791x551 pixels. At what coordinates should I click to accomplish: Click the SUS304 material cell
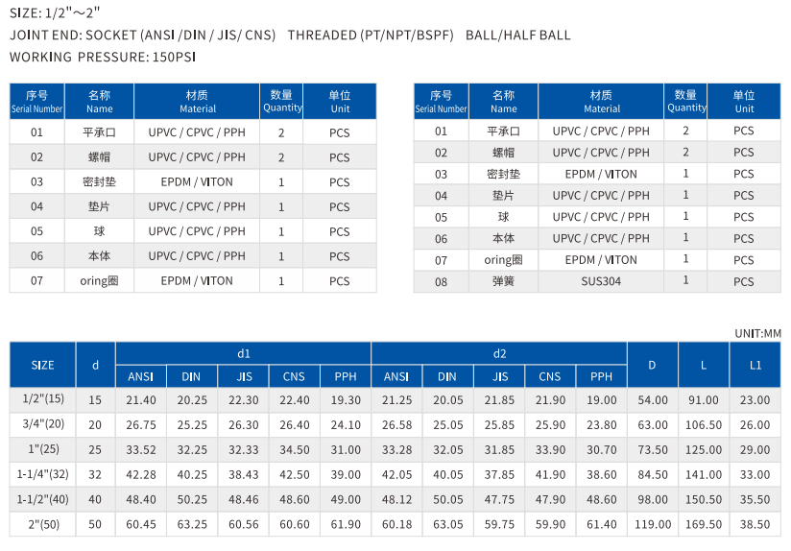[x=601, y=281]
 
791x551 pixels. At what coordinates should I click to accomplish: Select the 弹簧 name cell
[x=503, y=281]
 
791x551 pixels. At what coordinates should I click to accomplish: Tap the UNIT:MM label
[x=757, y=333]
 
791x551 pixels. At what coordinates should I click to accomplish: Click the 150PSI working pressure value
[x=175, y=57]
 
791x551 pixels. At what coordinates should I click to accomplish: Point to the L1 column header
[x=755, y=365]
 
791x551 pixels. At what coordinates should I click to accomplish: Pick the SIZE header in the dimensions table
[x=43, y=365]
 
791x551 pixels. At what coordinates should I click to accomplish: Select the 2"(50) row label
[x=43, y=525]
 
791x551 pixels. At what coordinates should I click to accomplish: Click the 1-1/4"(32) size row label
[x=43, y=475]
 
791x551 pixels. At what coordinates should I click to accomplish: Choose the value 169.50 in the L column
[x=703, y=525]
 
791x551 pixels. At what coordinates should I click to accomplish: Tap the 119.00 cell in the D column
[x=652, y=525]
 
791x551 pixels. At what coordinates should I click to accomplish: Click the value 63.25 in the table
[x=191, y=525]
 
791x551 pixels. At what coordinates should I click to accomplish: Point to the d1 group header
[x=243, y=353]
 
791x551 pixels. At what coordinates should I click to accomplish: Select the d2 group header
[x=499, y=353]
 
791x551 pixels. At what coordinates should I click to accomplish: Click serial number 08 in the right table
[x=441, y=281]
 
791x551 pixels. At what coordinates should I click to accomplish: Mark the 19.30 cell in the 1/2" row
[x=346, y=400]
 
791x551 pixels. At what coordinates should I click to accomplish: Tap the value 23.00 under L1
[x=755, y=400]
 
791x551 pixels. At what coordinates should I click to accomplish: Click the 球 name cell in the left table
[x=100, y=231]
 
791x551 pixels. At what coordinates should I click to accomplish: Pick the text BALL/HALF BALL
[x=517, y=36]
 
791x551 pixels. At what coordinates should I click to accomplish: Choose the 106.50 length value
[x=703, y=425]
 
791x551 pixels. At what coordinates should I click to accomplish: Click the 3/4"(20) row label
[x=43, y=425]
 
